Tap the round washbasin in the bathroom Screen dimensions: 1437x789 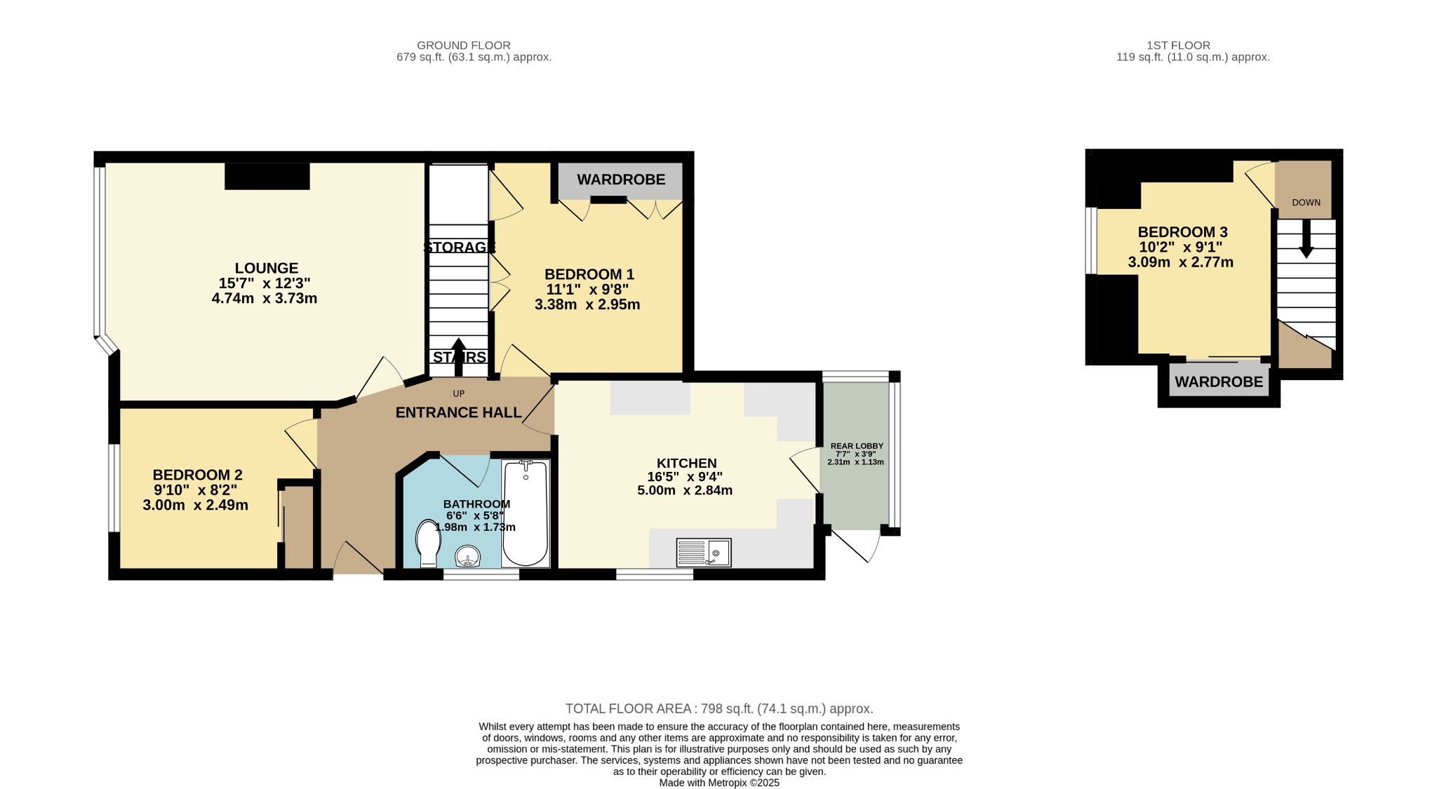[468, 556]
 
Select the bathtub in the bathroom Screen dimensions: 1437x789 [526, 513]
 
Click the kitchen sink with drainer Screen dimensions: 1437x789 [704, 552]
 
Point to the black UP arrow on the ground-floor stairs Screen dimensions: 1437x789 [458, 358]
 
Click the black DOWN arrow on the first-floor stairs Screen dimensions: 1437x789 [1306, 238]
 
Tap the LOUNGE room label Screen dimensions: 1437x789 [267, 268]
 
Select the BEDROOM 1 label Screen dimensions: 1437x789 [589, 274]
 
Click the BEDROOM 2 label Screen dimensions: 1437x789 [198, 475]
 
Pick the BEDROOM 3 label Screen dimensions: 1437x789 [1182, 232]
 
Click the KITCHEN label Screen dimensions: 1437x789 [687, 464]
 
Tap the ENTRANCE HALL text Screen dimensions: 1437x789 [458, 412]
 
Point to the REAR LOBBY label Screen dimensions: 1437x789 [857, 446]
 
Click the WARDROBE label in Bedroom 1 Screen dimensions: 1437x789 [621, 180]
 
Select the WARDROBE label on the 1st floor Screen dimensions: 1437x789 [1219, 382]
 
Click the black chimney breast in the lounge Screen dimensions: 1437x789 [267, 176]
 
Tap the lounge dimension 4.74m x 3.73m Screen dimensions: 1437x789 [265, 299]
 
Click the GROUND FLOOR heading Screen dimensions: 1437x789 [464, 46]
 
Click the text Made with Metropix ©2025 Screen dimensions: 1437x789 [719, 783]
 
